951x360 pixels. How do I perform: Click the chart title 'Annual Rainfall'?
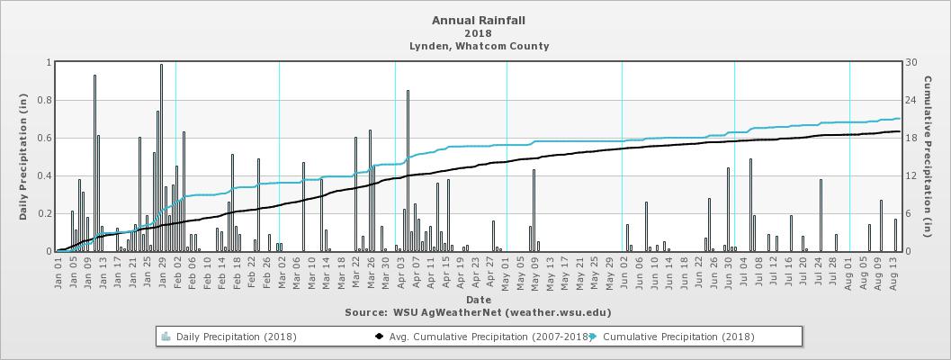(479, 20)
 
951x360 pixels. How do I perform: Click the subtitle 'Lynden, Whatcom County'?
(479, 46)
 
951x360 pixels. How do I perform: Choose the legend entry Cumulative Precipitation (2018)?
(678, 337)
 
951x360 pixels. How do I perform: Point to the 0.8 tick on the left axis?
(46, 100)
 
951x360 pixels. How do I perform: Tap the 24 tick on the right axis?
(911, 100)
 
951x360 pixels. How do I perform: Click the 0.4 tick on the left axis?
(46, 175)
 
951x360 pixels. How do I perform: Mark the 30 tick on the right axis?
(911, 62)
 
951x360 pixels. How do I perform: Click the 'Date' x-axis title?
(479, 300)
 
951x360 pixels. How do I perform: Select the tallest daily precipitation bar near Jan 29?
(161, 157)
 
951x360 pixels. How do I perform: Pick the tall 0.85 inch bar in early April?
(408, 171)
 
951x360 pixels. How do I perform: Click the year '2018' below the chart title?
(479, 33)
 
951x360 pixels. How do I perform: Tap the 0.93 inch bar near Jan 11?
(94, 163)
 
